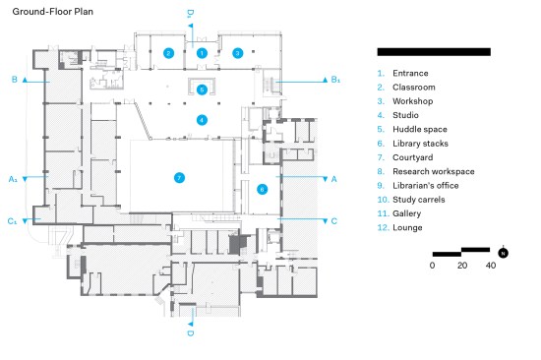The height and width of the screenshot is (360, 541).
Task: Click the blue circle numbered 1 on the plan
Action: [x=202, y=53]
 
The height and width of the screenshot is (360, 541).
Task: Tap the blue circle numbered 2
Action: [x=168, y=53]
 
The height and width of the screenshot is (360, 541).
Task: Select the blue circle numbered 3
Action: [x=237, y=53]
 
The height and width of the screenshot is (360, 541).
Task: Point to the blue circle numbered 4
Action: [x=202, y=120]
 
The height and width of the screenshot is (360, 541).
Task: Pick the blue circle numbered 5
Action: [x=202, y=90]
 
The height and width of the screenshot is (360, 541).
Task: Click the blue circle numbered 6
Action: [x=262, y=189]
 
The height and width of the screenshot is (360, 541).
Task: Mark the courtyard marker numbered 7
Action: [x=179, y=178]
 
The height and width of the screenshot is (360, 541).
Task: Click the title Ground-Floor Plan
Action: [x=53, y=12]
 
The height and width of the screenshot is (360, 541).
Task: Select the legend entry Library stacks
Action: [x=420, y=144]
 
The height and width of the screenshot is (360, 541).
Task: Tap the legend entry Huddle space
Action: [x=420, y=130]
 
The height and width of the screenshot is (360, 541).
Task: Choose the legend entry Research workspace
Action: [x=434, y=171]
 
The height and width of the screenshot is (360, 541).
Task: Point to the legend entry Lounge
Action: [x=407, y=228]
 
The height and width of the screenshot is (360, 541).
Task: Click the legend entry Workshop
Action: [x=413, y=101]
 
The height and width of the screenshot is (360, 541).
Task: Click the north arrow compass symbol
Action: [x=503, y=253]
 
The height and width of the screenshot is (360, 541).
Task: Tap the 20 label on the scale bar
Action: [x=462, y=266]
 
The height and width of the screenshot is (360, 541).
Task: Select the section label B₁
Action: [x=335, y=80]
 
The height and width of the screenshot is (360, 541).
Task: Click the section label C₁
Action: [x=12, y=221]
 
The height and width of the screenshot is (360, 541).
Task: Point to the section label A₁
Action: [x=13, y=179]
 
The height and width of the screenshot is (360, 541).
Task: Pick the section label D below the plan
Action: [x=191, y=333]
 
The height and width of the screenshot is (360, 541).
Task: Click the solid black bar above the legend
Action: [x=434, y=52]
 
